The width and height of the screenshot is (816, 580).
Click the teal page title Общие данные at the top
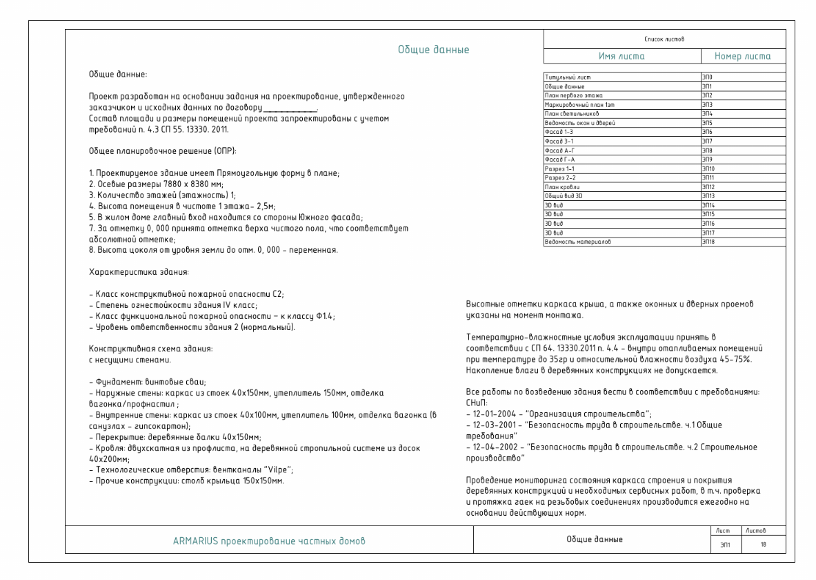433,50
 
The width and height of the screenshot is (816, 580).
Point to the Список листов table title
659,39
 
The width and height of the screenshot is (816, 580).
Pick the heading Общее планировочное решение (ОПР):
155,151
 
